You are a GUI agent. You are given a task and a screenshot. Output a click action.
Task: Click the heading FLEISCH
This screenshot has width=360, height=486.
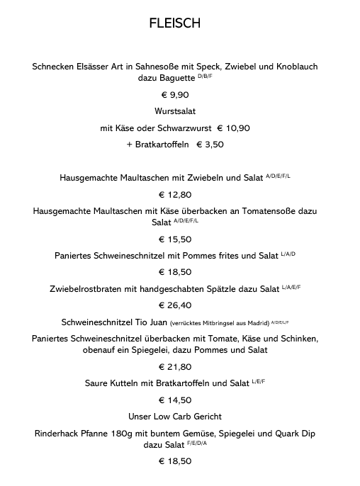coord(175,23)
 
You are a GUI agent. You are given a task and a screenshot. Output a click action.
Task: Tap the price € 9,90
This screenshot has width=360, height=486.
coord(175,94)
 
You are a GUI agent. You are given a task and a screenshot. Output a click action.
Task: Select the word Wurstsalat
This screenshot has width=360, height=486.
coord(175,111)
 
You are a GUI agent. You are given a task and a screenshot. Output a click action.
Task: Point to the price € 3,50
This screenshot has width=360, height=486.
coord(210,145)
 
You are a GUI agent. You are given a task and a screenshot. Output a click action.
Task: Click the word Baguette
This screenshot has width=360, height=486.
coord(175,78)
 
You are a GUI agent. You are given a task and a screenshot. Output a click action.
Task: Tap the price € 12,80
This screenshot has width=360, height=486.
coord(175,194)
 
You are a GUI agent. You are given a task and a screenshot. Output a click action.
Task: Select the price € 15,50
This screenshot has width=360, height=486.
coord(175,239)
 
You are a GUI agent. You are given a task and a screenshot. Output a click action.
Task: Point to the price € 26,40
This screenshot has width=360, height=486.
coord(175,305)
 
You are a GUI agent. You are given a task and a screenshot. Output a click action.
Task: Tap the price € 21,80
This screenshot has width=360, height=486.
coord(175,367)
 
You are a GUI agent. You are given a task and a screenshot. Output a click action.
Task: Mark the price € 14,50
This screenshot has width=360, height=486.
coord(175,400)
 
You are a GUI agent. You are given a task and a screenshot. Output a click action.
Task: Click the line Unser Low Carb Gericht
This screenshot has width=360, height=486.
coord(175,416)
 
